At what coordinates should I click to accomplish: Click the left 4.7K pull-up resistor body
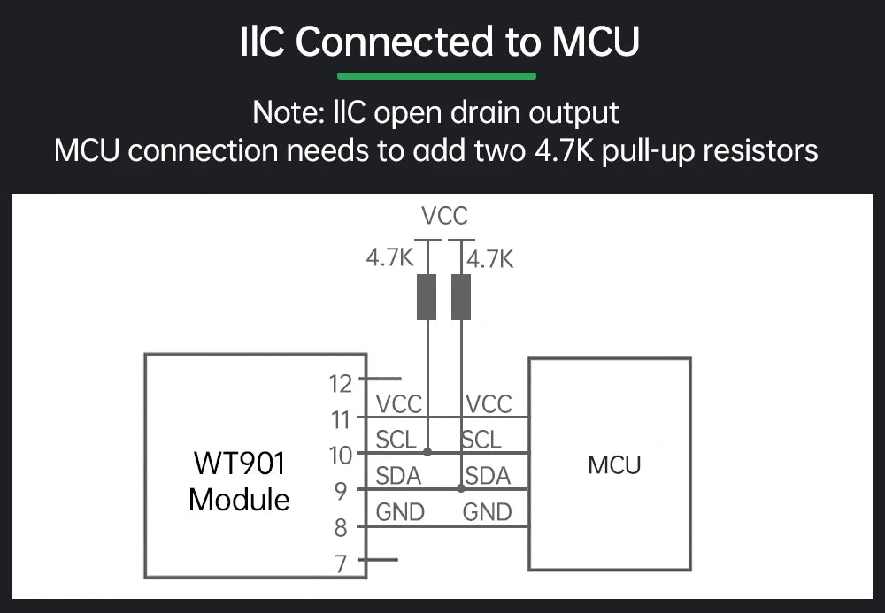pyautogui.click(x=427, y=297)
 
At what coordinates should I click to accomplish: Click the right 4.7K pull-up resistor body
pyautogui.click(x=461, y=297)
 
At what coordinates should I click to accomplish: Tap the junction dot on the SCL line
pyautogui.click(x=427, y=452)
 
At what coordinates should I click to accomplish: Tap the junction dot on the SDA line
pyautogui.click(x=461, y=488)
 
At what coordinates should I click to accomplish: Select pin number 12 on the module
pyautogui.click(x=340, y=383)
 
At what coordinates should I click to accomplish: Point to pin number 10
pyautogui.click(x=340, y=455)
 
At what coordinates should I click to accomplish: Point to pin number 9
pyautogui.click(x=342, y=491)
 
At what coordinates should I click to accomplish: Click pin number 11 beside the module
pyautogui.click(x=341, y=419)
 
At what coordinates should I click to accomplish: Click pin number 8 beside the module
pyautogui.click(x=340, y=529)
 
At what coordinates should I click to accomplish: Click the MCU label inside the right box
pyautogui.click(x=614, y=464)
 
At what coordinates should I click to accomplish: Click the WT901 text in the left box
pyautogui.click(x=238, y=463)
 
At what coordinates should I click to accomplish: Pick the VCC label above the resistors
pyautogui.click(x=444, y=215)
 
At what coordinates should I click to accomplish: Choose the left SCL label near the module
pyautogui.click(x=396, y=440)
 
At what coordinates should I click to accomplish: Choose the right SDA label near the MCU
pyautogui.click(x=489, y=476)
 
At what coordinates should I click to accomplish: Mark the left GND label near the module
pyautogui.click(x=400, y=512)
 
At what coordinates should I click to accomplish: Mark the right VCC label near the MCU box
pyautogui.click(x=489, y=404)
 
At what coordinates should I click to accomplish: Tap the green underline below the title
pyautogui.click(x=436, y=76)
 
